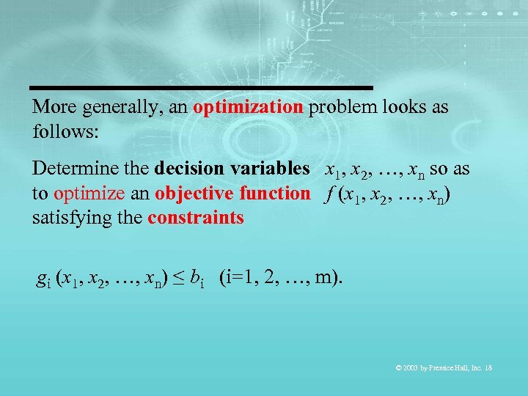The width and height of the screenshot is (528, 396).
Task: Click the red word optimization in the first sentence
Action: (248, 107)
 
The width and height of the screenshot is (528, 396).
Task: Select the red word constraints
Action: (196, 219)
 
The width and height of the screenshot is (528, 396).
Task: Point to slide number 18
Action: (488, 367)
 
